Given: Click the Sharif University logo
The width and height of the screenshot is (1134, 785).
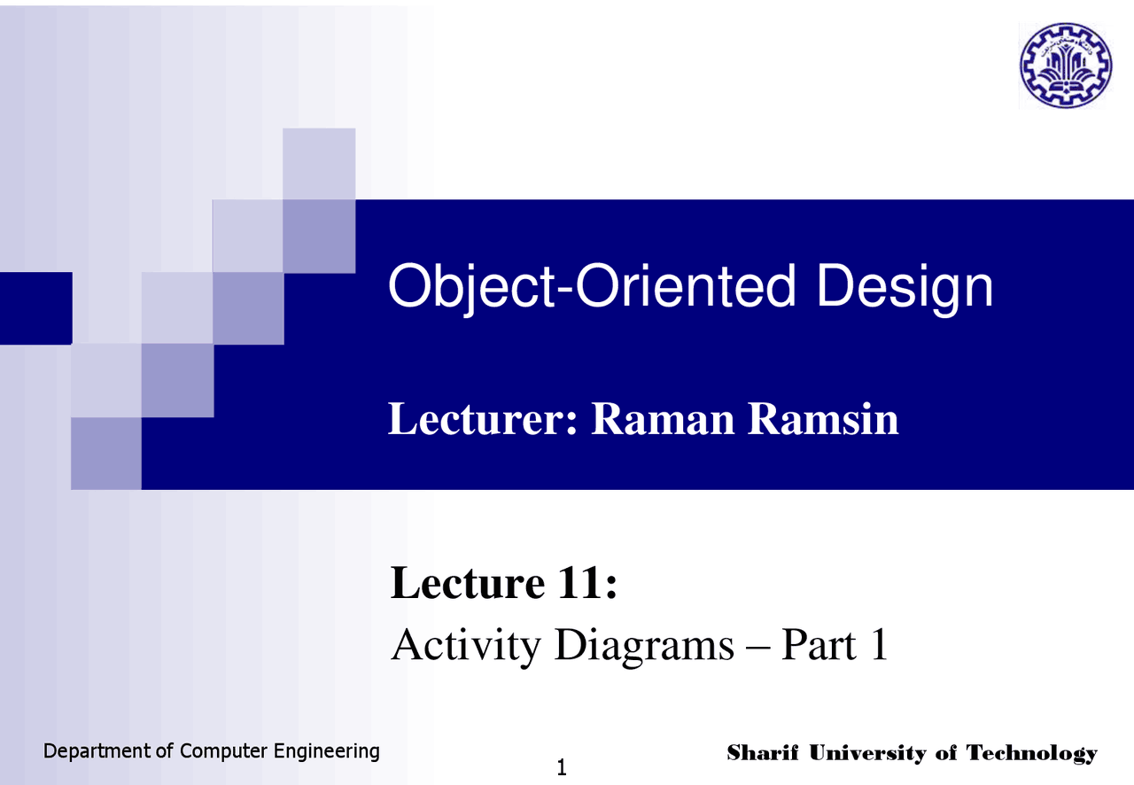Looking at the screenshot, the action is click(x=1066, y=66).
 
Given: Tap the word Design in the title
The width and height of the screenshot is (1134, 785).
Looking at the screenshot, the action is click(x=905, y=287).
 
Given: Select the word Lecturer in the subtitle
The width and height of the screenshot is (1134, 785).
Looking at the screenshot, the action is click(x=483, y=419).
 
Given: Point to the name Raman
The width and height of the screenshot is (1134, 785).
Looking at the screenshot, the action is click(x=663, y=419).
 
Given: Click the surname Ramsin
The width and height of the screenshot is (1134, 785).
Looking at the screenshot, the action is click(x=823, y=419).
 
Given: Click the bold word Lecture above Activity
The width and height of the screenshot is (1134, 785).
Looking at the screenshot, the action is click(x=467, y=582).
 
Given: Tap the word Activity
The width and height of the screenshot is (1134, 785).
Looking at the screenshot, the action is click(x=466, y=646).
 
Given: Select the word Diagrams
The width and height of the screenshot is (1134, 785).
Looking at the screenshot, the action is click(x=644, y=646).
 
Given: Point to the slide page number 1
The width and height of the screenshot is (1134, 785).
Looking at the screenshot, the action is click(x=562, y=768).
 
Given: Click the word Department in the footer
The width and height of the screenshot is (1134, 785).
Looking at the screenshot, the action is click(x=97, y=751).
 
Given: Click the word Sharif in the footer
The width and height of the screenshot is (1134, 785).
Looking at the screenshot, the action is click(x=763, y=752).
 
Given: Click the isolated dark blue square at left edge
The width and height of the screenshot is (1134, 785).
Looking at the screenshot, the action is click(x=36, y=308).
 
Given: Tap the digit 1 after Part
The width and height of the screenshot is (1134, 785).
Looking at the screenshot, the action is click(x=879, y=644).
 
